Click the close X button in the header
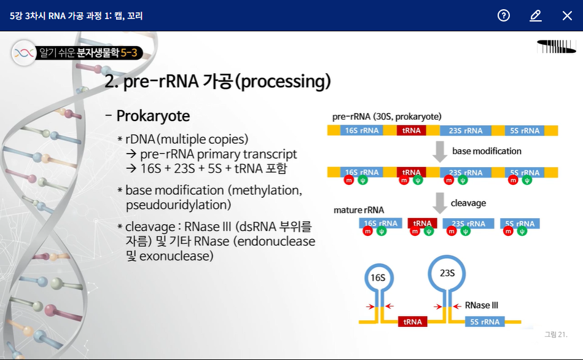567,15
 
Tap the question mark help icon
504,15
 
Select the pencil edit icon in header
536,15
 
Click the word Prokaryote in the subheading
153,116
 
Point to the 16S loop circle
378,278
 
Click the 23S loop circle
447,272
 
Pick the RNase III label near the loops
481,305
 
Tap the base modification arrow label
487,151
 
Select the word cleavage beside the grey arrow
468,203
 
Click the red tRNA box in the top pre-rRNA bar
412,130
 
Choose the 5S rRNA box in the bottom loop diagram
483,321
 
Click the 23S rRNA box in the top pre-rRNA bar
465,130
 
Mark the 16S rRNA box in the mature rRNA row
381,224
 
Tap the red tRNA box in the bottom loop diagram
412,321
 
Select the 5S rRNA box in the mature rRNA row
520,224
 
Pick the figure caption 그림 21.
555,334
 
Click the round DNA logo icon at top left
24,53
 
